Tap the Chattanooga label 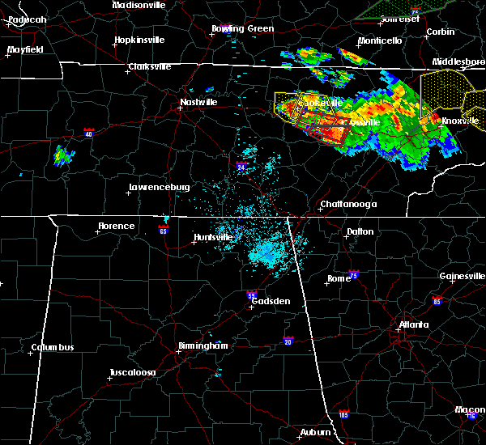[x=348, y=204]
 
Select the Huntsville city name [x=213, y=237]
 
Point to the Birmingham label [x=202, y=345]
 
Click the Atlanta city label [x=414, y=325]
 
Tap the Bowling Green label [x=243, y=28]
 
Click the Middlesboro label [x=458, y=61]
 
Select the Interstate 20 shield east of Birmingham [x=288, y=341]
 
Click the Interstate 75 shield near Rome [x=353, y=275]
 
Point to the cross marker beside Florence [x=97, y=232]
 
